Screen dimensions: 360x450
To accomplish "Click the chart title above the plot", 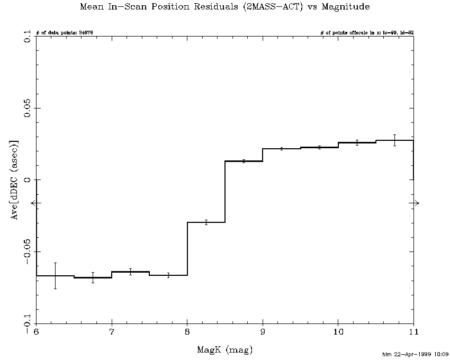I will pyautogui.click(x=225, y=7).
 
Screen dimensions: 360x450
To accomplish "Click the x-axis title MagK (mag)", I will pyautogui.click(x=225, y=350).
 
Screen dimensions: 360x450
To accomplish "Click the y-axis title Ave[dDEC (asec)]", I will pyautogui.click(x=16, y=180).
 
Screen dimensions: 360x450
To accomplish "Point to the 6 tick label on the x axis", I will pyautogui.click(x=36, y=332).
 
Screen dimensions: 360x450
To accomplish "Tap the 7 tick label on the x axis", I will pyautogui.click(x=112, y=332).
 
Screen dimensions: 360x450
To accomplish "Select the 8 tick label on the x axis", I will pyautogui.click(x=187, y=332).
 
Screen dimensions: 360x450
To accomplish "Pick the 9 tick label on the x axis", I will pyautogui.click(x=263, y=332).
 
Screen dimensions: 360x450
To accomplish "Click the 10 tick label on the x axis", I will pyautogui.click(x=338, y=332).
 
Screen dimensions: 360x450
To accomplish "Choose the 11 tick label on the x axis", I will pyautogui.click(x=413, y=332).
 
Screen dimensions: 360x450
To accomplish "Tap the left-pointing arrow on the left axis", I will pyautogui.click(x=34, y=203).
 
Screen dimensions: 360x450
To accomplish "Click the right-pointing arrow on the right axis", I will pyautogui.click(x=416, y=203).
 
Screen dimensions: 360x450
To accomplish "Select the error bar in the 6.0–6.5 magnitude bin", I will pyautogui.click(x=55, y=275).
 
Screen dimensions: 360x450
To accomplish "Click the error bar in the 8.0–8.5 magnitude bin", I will pyautogui.click(x=206, y=222).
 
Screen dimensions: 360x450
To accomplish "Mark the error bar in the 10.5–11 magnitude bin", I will pyautogui.click(x=394, y=140).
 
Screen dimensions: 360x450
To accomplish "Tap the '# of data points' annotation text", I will pyautogui.click(x=65, y=33).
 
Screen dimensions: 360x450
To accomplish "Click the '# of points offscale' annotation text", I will pyautogui.click(x=367, y=33).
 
